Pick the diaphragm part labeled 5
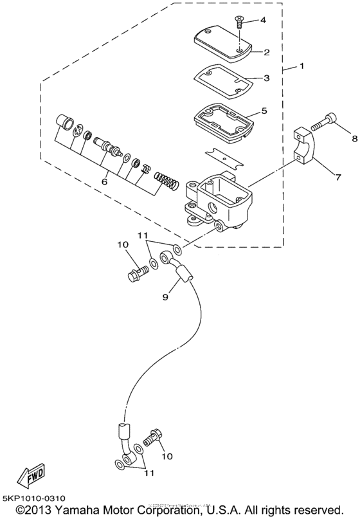click(221, 120)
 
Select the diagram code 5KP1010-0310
click(37, 498)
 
